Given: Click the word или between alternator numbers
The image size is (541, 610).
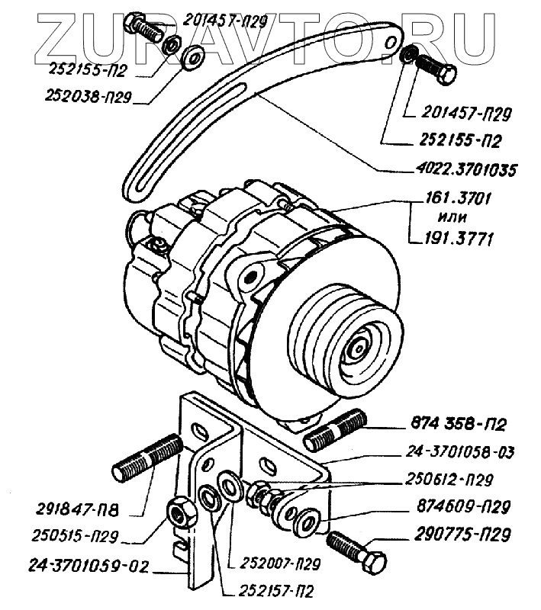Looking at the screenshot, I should click(x=456, y=220).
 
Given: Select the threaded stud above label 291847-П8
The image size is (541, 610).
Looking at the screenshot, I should click(x=148, y=458).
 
